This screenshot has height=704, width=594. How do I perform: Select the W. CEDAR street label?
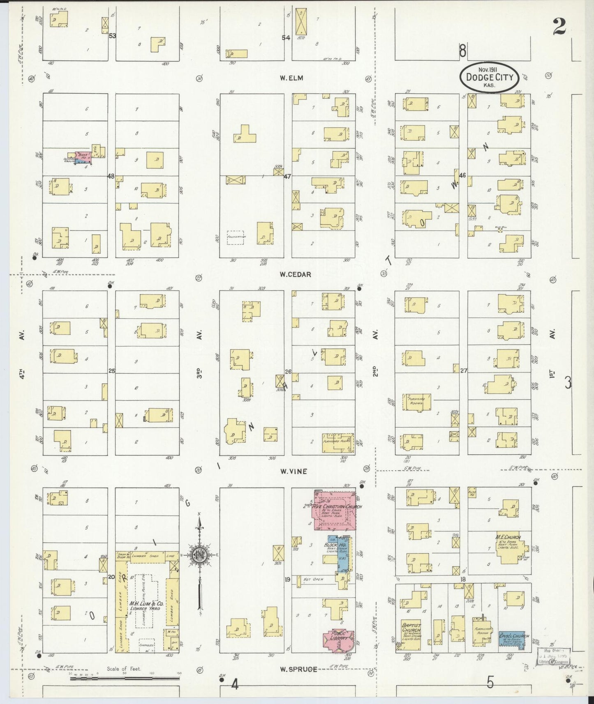[x=295, y=274]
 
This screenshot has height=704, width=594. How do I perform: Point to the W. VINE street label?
[x=294, y=472]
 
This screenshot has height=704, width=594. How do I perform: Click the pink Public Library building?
[x=340, y=641]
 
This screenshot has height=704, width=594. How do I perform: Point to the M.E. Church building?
[x=508, y=548]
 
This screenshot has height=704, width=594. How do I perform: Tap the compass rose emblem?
[x=200, y=555]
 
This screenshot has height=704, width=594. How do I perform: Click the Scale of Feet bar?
[x=123, y=679]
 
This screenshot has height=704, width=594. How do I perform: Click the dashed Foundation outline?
[x=235, y=237]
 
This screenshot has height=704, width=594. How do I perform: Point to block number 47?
[x=287, y=176]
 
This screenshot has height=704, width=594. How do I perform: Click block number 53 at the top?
[x=112, y=36]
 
